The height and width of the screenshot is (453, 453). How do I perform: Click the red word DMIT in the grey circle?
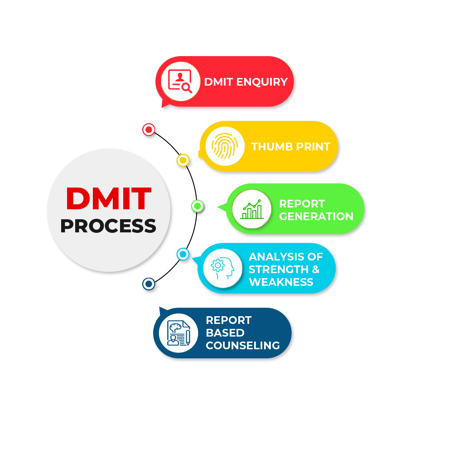pyautogui.click(x=109, y=198)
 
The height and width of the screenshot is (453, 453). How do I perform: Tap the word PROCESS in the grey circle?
pyautogui.click(x=108, y=226)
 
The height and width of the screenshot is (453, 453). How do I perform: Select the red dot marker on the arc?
pyautogui.click(x=149, y=130)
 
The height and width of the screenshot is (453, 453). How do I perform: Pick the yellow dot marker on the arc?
pyautogui.click(x=183, y=160)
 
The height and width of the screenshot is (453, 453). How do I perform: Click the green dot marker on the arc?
pyautogui.click(x=198, y=206)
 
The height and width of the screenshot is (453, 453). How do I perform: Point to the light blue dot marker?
pyautogui.click(x=183, y=254)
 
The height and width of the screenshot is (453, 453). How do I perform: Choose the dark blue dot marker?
pyautogui.click(x=149, y=284)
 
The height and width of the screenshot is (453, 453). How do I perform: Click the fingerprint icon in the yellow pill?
pyautogui.click(x=225, y=146)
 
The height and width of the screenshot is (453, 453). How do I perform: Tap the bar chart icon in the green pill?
pyautogui.click(x=252, y=209)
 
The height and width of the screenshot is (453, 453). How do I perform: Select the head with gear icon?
pyautogui.click(x=222, y=268)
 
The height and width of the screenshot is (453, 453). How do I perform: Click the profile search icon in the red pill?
pyautogui.click(x=180, y=81)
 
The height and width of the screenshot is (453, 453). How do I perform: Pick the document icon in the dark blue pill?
pyautogui.click(x=178, y=333)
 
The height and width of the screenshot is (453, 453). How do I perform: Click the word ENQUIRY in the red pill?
pyautogui.click(x=262, y=82)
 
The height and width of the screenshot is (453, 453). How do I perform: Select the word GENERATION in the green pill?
pyautogui.click(x=316, y=217)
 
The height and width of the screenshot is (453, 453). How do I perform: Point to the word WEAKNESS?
pyautogui.click(x=281, y=282)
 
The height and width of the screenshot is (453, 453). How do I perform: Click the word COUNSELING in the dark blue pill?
pyautogui.click(x=243, y=346)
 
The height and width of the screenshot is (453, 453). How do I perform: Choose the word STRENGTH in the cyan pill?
pyautogui.click(x=279, y=269)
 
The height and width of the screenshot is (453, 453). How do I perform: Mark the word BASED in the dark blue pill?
pyautogui.click(x=225, y=333)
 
